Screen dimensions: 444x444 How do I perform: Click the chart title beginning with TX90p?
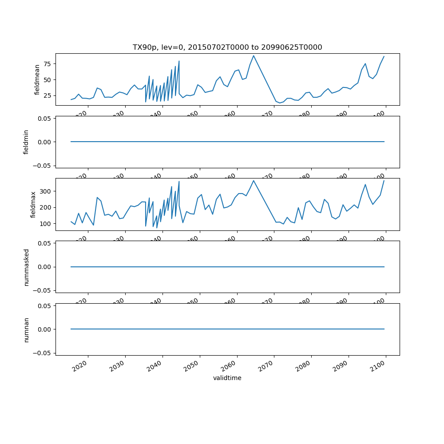pos(227,47)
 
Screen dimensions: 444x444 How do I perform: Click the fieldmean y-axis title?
pos(37,79)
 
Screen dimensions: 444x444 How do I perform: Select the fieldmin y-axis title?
pos(26,142)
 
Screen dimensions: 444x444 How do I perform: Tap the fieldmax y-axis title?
pos(32,204)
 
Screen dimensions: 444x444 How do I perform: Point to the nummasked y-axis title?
pos(26,267)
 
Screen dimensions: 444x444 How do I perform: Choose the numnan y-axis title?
pos(26,329)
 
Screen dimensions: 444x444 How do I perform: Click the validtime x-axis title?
pos(227,378)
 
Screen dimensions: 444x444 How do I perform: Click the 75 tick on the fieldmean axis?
pos(46,64)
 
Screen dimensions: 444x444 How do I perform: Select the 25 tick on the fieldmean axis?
pos(46,95)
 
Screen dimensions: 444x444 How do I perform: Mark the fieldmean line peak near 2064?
pos(254,55)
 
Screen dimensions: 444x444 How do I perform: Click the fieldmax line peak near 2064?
pos(254,180)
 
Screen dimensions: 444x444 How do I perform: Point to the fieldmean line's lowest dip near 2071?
pos(280,103)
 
